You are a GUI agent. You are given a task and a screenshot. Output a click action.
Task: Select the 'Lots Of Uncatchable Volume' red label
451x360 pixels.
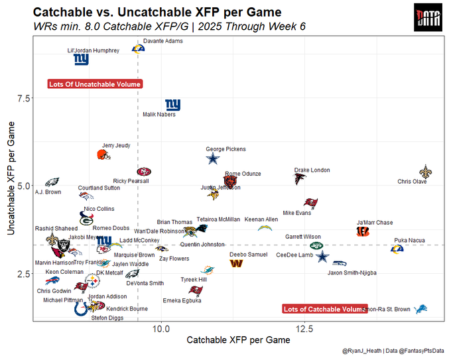click(95, 84)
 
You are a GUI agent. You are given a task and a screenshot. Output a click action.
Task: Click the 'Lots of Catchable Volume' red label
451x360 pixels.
click(324, 309)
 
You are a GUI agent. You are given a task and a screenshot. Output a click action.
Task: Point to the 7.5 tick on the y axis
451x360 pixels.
click(24, 98)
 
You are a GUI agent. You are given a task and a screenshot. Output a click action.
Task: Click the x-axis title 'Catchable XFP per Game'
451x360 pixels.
click(239, 340)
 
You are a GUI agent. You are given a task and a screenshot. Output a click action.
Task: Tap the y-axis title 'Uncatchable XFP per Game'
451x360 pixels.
click(11, 183)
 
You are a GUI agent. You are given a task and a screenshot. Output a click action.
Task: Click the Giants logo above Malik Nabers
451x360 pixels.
click(172, 105)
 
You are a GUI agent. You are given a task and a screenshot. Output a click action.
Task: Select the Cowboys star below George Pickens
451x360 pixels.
click(212, 158)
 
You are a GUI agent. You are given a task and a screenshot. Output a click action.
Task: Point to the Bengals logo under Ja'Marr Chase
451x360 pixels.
click(362, 231)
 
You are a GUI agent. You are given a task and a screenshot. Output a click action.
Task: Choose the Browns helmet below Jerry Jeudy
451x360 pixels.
click(101, 154)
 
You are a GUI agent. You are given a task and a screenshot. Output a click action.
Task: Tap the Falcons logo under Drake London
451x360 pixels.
click(300, 178)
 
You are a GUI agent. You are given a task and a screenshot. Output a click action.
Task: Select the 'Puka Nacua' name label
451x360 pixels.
click(409, 240)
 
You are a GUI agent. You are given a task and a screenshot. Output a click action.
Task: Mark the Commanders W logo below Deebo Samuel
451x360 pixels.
click(236, 263)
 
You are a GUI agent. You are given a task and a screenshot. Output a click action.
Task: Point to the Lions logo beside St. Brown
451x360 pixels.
click(420, 310)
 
